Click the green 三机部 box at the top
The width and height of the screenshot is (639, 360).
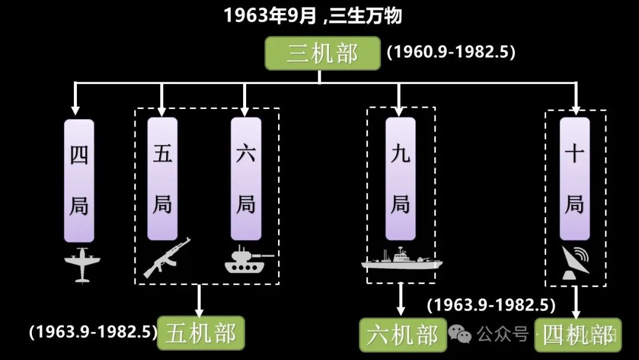(322, 54)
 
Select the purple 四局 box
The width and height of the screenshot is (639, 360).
(79, 179)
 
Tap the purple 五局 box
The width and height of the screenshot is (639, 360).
(162, 179)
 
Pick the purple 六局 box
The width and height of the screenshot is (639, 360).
(246, 179)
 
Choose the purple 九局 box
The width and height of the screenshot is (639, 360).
(401, 179)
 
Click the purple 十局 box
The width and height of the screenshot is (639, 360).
(575, 179)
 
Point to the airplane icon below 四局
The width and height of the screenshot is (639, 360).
(82, 264)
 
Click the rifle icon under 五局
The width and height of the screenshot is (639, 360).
(166, 257)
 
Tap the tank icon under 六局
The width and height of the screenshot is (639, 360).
(248, 261)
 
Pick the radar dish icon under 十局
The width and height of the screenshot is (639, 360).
(575, 262)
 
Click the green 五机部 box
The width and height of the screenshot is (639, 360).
(201, 333)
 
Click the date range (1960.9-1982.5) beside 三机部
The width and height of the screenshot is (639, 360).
(451, 52)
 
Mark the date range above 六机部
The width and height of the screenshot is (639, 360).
(491, 306)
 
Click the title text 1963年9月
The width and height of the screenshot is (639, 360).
(269, 16)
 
